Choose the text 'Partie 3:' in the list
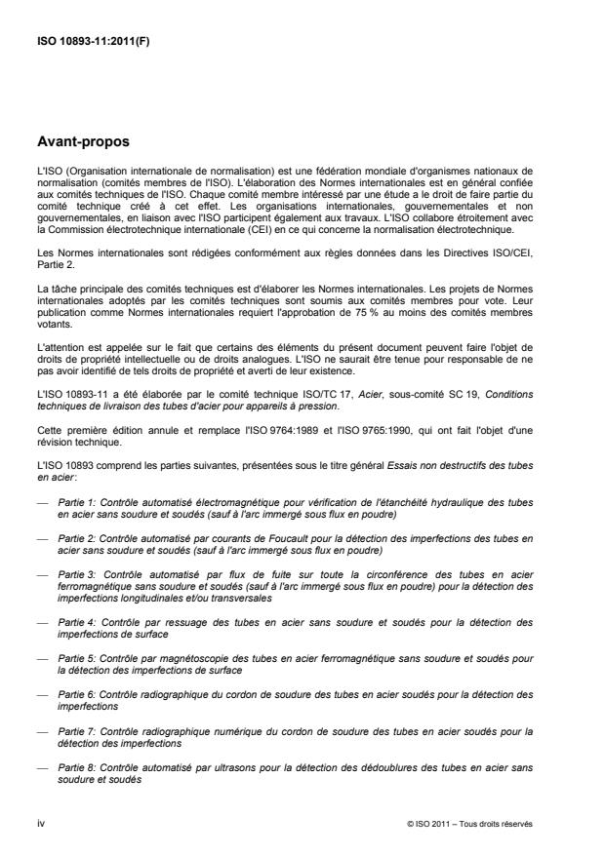click(x=78, y=574)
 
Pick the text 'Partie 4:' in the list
click(x=77, y=621)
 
